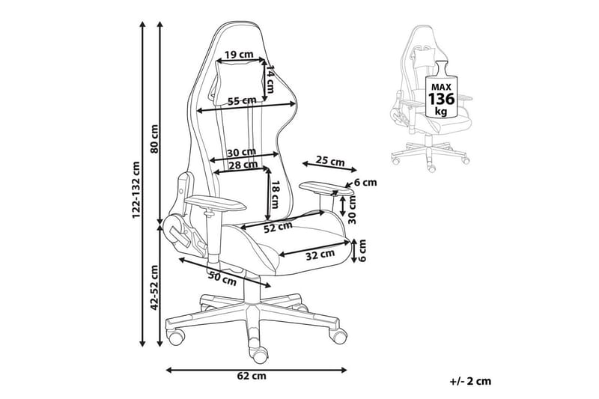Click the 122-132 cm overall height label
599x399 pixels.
pos(136,190)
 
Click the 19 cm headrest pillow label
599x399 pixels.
pos(238,54)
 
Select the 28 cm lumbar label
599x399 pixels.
pos(243,165)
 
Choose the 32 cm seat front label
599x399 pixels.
pos(320,255)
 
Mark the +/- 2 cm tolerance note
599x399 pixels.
pos(471,380)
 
